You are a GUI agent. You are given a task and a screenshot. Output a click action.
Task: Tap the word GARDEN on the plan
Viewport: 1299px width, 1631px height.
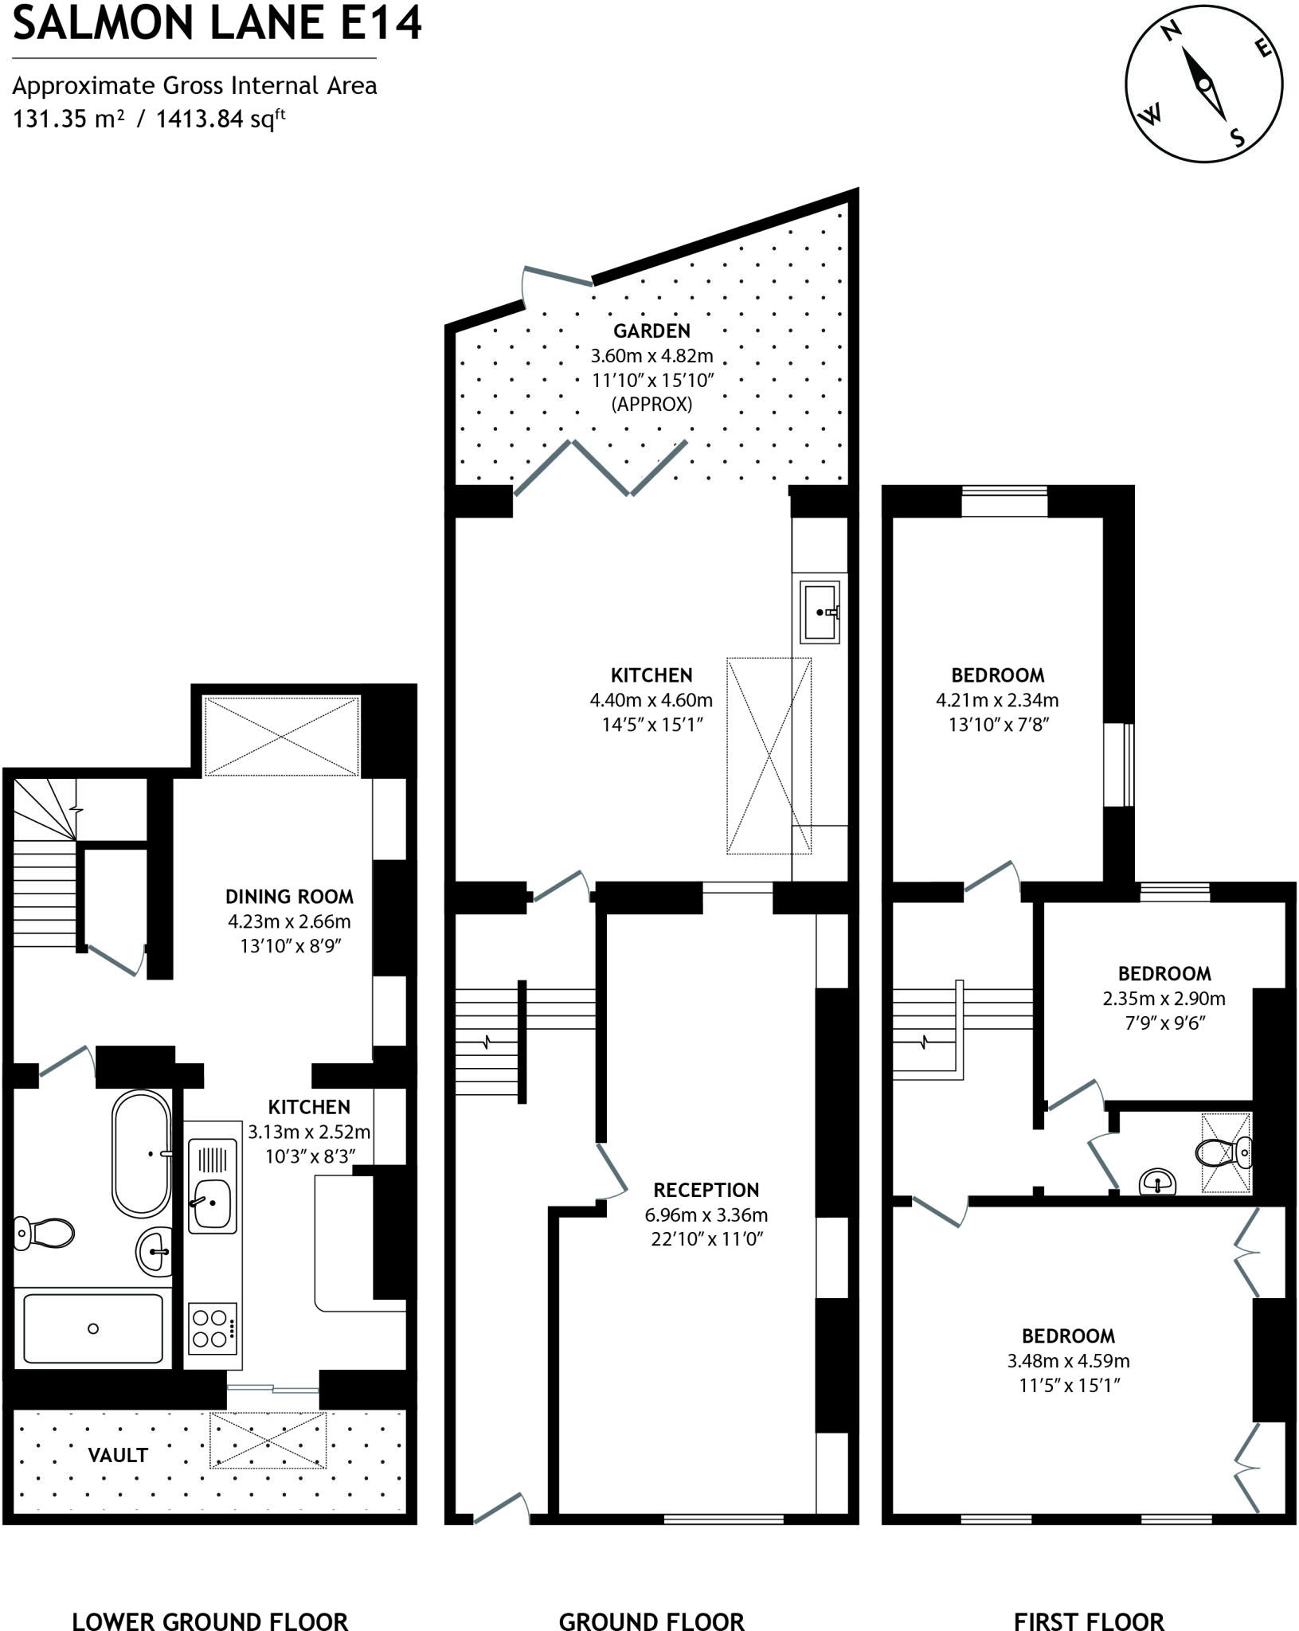point(651,331)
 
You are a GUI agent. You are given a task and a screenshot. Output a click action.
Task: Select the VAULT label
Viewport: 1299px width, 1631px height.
point(118,1455)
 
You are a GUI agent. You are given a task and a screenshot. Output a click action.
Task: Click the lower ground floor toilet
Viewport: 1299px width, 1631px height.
point(44,1232)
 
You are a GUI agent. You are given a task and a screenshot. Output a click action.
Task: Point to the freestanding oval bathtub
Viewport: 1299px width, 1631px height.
point(142,1152)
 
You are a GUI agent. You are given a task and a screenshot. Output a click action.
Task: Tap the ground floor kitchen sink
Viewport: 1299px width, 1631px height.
point(820,612)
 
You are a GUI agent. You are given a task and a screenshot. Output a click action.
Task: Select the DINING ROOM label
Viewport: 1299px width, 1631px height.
point(289,897)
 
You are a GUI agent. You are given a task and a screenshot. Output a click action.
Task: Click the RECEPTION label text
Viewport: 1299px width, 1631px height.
point(706,1190)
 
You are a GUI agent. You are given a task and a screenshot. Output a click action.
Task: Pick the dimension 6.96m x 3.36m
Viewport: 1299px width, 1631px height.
point(706,1215)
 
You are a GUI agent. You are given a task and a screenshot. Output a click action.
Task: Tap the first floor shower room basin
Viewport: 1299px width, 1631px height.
point(1158,1181)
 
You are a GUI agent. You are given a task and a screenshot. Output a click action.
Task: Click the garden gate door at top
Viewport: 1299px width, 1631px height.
point(558,278)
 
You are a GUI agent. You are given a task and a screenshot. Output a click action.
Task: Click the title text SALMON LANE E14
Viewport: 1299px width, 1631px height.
point(217,24)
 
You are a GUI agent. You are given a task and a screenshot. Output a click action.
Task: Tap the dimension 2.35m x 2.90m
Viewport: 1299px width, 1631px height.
point(1164,999)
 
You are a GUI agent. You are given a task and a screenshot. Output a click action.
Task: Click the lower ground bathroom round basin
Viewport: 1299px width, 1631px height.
point(154,1251)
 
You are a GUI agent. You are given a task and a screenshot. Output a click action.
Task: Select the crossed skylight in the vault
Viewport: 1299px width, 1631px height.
point(268,1440)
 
